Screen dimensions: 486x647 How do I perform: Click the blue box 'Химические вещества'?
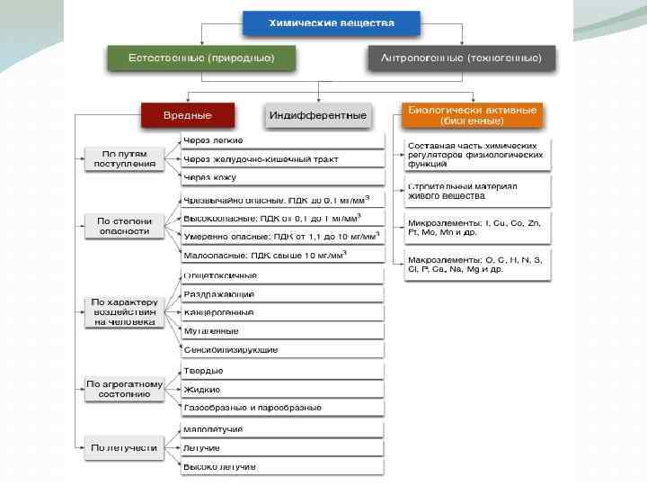(331, 22)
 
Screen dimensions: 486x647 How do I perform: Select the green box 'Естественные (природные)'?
(201, 58)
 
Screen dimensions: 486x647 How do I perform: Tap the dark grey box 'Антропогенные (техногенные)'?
(461, 58)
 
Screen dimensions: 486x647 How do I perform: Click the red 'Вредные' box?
(187, 115)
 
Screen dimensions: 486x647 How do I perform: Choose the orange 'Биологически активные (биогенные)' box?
(472, 114)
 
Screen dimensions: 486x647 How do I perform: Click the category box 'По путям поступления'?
(124, 158)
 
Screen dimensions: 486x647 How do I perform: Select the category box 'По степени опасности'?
(124, 225)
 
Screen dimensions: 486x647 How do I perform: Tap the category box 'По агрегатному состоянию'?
(124, 389)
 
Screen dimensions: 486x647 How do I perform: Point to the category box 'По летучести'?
(124, 446)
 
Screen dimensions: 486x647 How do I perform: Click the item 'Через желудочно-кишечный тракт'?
(282, 159)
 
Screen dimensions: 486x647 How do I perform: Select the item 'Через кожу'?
(282, 177)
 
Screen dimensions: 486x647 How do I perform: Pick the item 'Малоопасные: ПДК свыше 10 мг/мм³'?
(282, 256)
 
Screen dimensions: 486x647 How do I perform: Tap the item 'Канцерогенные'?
(282, 312)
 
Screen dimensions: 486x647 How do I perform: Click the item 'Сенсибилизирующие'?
(282, 349)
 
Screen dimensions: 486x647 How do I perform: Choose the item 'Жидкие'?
(282, 389)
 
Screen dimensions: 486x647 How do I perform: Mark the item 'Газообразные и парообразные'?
(282, 408)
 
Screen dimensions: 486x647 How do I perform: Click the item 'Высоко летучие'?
(282, 466)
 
